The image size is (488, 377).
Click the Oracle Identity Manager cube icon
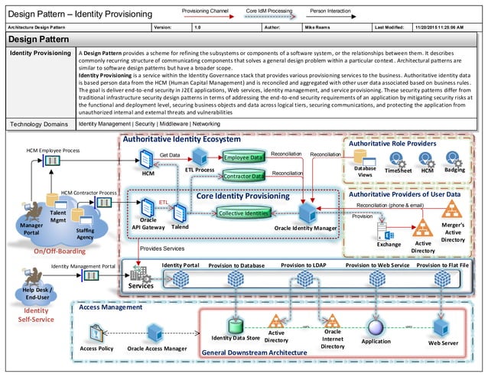click(x=307, y=211)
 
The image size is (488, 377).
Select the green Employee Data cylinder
click(x=243, y=158)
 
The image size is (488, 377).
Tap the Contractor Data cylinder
click(x=244, y=177)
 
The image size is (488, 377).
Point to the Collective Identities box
click(x=242, y=213)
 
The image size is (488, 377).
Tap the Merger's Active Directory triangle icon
click(x=422, y=227)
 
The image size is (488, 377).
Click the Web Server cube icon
click(x=441, y=327)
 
